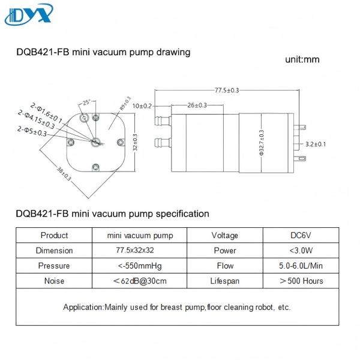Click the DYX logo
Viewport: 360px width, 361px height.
click(29, 14)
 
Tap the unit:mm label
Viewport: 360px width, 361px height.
click(302, 59)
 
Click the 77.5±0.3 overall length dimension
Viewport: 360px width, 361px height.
click(227, 90)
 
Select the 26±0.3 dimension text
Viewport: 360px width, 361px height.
click(197, 105)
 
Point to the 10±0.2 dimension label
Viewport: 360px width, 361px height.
click(142, 106)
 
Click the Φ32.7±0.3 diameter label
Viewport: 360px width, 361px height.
click(262, 143)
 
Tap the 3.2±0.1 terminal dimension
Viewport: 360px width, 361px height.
click(316, 145)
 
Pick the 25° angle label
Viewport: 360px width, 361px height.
click(86, 103)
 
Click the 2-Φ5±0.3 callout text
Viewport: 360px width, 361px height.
click(32, 131)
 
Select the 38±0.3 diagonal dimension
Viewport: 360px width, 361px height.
click(64, 173)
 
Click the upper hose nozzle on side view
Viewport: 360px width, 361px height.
click(163, 121)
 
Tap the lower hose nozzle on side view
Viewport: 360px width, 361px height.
click(163, 143)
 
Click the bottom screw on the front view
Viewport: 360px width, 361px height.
click(96, 167)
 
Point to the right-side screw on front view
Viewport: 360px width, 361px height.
click(121, 142)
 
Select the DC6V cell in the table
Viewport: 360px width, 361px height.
click(301, 235)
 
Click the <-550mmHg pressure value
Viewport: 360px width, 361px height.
click(140, 266)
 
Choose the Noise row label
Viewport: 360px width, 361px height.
click(54, 281)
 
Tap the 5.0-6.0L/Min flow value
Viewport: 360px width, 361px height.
click(301, 266)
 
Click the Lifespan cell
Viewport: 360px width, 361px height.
click(225, 281)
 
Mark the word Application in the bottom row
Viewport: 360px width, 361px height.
click(83, 308)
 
